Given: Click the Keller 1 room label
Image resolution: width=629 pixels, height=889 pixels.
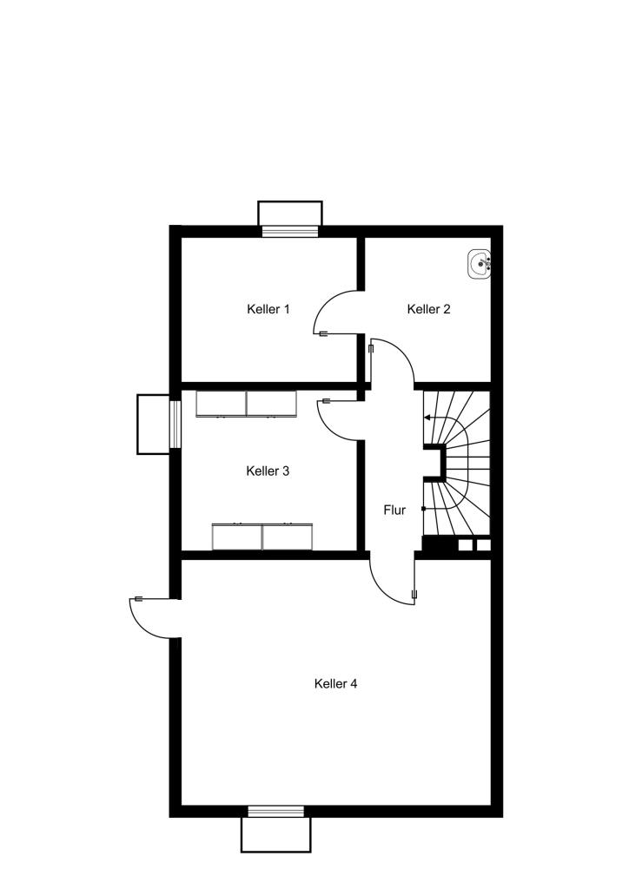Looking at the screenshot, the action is pyautogui.click(x=268, y=309).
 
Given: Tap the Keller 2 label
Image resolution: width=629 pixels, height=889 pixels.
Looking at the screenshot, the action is pyautogui.click(x=429, y=309).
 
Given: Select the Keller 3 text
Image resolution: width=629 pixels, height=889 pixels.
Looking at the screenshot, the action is pyautogui.click(x=268, y=471).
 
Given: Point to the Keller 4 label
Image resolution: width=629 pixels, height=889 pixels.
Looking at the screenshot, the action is pyautogui.click(x=335, y=683).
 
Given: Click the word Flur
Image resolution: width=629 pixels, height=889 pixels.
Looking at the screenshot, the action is pyautogui.click(x=394, y=510).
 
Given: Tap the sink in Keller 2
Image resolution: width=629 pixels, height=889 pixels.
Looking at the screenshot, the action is pyautogui.click(x=480, y=264).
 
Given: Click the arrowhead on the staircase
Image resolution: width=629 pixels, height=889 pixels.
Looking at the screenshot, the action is pyautogui.click(x=426, y=418).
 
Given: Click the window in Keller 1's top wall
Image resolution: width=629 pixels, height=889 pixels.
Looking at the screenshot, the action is pyautogui.click(x=290, y=231).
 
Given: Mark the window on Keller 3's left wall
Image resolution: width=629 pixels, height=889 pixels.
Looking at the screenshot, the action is pyautogui.click(x=175, y=424).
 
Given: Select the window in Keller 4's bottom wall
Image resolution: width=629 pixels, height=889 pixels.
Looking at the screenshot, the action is pyautogui.click(x=275, y=812).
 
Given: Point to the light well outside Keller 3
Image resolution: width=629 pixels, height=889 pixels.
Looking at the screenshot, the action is pyautogui.click(x=154, y=424).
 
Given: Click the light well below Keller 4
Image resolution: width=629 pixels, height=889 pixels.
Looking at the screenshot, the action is pyautogui.click(x=275, y=834).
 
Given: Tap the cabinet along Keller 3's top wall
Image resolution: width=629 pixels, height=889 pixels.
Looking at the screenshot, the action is pyautogui.click(x=246, y=404).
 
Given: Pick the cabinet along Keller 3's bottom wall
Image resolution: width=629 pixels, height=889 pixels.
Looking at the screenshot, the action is pyautogui.click(x=262, y=536).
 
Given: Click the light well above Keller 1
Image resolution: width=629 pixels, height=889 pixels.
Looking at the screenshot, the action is pyautogui.click(x=290, y=214).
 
